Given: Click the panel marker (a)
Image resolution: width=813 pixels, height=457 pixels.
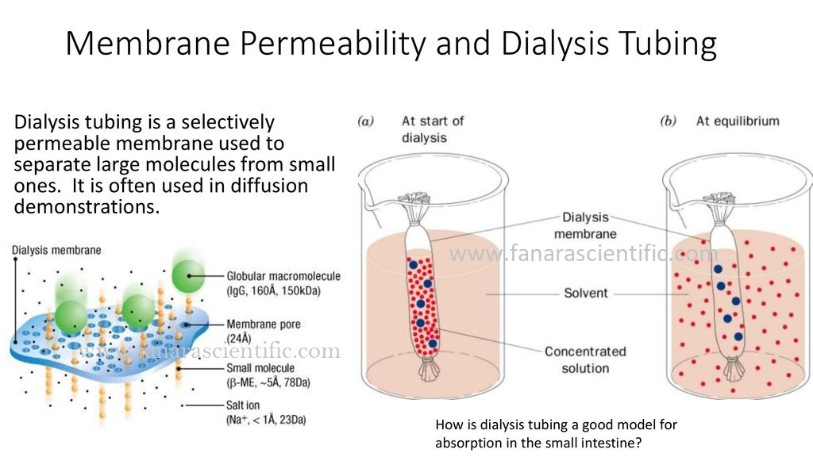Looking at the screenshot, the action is pyautogui.click(x=365, y=121).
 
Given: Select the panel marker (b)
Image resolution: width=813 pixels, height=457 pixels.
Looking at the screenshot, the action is pyautogui.click(x=669, y=121).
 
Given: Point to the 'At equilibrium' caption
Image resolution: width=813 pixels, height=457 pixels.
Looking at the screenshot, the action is pyautogui.click(x=738, y=121).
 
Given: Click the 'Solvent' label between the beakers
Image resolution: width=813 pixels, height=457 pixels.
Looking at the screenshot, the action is pyautogui.click(x=586, y=293).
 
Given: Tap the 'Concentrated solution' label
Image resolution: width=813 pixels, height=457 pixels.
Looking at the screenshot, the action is pyautogui.click(x=585, y=359).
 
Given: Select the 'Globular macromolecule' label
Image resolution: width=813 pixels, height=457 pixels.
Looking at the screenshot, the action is pyautogui.click(x=283, y=276).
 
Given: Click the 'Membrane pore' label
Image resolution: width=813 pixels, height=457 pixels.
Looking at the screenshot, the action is pyautogui.click(x=264, y=325).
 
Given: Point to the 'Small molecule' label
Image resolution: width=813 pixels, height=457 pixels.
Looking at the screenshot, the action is pyautogui.click(x=260, y=368).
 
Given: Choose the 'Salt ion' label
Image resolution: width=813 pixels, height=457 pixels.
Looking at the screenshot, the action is pyautogui.click(x=243, y=405).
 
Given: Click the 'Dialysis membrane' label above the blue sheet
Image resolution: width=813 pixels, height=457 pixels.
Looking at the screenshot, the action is pyautogui.click(x=56, y=250).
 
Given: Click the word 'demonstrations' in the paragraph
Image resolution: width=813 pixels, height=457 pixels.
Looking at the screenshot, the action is pyautogui.click(x=87, y=207).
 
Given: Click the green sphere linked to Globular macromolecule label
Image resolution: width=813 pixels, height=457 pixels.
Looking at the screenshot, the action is pyautogui.click(x=187, y=275).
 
